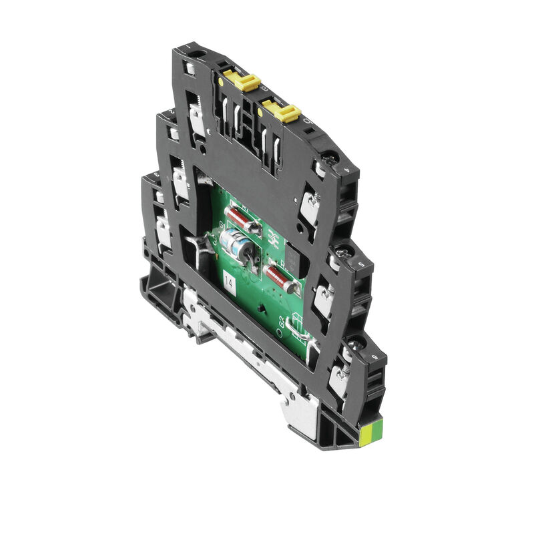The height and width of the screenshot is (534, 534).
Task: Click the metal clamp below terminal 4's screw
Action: coord(309,207)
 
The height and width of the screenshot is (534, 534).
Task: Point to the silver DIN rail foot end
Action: coord(304,414)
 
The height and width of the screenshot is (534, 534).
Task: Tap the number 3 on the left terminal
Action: coord(156,175)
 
